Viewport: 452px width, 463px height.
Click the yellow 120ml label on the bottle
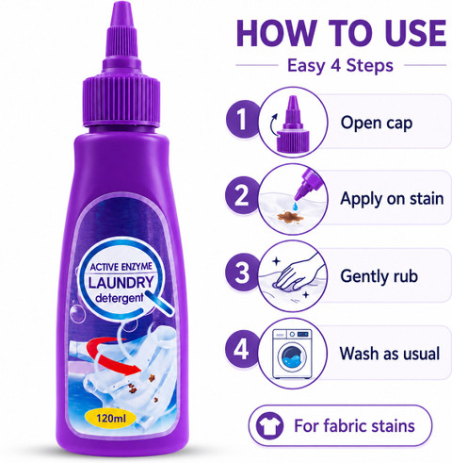[111, 419]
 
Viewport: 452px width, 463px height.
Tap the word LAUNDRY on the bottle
[121, 283]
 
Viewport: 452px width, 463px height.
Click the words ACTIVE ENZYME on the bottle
[121, 267]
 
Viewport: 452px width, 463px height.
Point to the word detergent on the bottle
[120, 298]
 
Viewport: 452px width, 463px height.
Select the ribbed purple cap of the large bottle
[121, 101]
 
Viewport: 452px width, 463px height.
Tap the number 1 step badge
[242, 119]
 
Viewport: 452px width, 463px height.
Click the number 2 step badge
[241, 195]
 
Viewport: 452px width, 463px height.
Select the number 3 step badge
[242, 273]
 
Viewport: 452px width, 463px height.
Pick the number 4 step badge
[241, 349]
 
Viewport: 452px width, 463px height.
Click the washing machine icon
[292, 354]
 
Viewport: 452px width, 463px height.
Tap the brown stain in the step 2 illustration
[289, 216]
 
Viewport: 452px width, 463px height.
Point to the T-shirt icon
[269, 425]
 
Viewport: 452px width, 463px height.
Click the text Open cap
[377, 123]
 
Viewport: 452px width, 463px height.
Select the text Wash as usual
[390, 354]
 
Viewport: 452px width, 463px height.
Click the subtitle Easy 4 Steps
[340, 66]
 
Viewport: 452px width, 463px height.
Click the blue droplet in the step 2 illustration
[295, 207]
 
